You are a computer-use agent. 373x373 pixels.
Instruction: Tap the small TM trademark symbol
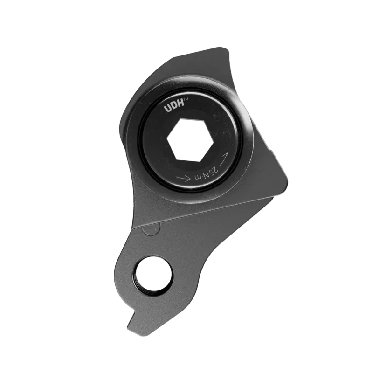(x=186, y=100)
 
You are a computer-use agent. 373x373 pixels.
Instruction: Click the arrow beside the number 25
(x=225, y=158)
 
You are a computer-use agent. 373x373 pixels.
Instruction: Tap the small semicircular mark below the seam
(x=150, y=228)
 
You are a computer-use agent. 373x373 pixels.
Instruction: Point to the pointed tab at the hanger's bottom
(x=132, y=322)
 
